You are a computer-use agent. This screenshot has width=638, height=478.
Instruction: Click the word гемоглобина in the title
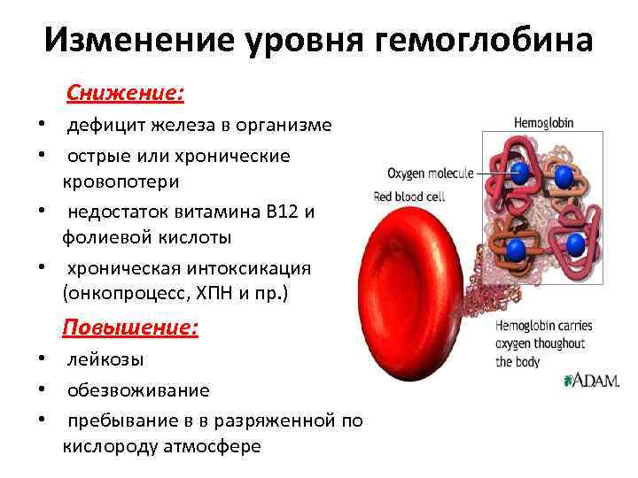pos(483,40)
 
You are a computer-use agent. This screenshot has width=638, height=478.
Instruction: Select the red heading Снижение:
pos(125,93)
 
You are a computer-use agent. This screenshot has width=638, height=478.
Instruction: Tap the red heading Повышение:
pos(130,328)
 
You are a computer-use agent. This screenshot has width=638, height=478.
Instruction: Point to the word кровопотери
pos(121,181)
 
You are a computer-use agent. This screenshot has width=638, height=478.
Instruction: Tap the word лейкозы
pos(105,359)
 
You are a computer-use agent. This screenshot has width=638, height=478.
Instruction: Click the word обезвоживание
pos(138,390)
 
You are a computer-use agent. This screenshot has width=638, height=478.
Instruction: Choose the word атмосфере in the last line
pos(212,447)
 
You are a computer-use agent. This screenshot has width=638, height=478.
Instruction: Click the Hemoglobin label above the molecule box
pos(543,123)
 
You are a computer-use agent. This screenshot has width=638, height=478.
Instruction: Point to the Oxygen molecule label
pos(431,173)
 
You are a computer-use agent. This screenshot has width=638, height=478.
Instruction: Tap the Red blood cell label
pos(408,197)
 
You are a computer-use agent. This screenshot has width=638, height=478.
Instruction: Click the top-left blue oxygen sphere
pos(519,173)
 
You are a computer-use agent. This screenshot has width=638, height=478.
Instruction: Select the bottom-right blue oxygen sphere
pos(575,244)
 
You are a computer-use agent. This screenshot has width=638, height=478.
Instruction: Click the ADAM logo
pos(591,381)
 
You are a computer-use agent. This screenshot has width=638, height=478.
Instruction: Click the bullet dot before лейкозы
pos(42,358)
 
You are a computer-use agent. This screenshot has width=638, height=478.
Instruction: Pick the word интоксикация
pos(249,269)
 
